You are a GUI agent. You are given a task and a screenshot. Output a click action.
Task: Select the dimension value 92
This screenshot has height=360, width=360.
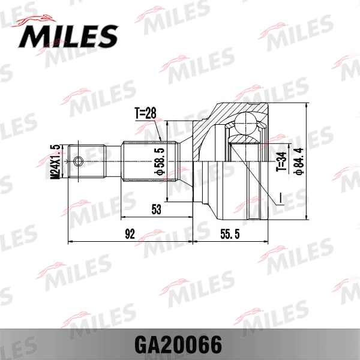[x=130, y=233]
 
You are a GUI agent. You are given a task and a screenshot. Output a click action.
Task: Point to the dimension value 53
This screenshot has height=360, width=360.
[x=157, y=209]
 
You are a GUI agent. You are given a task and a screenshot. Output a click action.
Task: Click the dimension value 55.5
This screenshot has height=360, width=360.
[x=229, y=233]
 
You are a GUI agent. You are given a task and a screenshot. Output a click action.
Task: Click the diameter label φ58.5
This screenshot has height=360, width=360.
[x=159, y=161]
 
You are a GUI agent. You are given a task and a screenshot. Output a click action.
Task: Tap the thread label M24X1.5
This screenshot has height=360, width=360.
[x=55, y=161]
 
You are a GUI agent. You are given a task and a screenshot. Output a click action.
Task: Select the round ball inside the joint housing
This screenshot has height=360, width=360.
[x=243, y=124]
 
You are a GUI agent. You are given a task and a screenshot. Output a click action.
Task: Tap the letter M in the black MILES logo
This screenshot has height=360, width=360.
[x=35, y=37]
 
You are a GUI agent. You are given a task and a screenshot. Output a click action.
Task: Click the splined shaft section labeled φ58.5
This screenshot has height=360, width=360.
[x=150, y=161]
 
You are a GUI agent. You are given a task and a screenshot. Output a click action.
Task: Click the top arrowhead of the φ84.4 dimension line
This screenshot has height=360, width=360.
[x=307, y=106]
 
